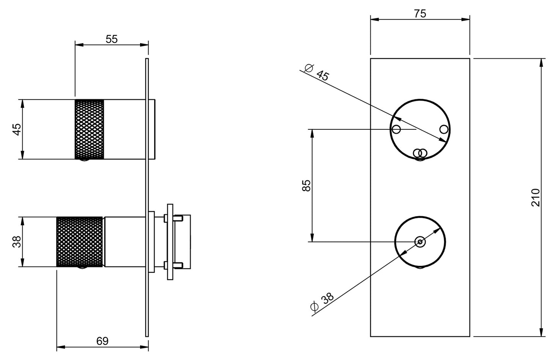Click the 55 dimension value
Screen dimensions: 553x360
(112, 39)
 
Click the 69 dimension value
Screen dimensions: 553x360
(103, 341)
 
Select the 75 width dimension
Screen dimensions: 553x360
(420, 14)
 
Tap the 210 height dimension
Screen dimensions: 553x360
(535, 198)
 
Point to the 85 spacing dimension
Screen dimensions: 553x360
(307, 186)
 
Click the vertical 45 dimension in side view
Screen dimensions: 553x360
(17, 129)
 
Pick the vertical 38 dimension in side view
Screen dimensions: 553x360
(17, 242)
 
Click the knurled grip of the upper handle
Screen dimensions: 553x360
(90, 129)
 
